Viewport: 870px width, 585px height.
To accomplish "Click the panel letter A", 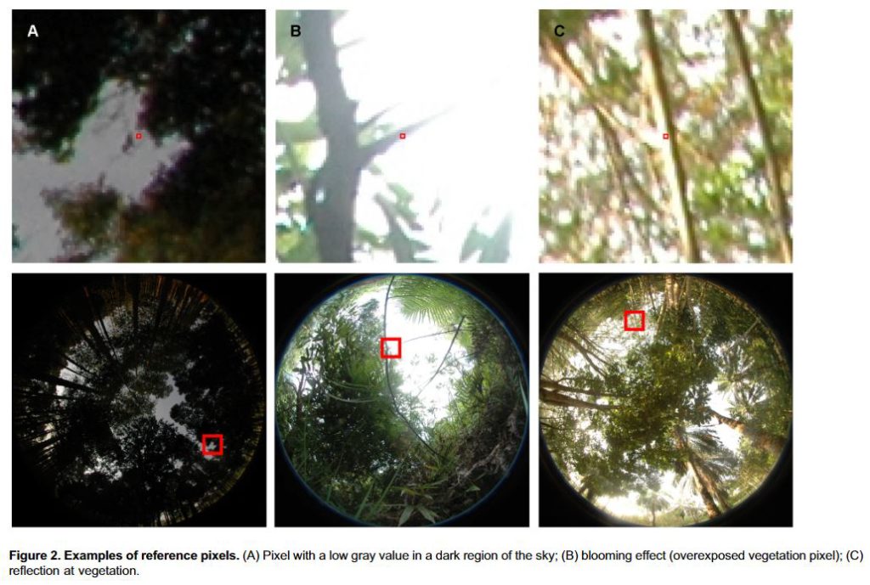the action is point(33,31).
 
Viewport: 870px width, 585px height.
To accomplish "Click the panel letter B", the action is point(296,31).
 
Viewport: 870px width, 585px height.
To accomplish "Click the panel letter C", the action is point(559,31).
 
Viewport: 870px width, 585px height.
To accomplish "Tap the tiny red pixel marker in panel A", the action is point(138,136).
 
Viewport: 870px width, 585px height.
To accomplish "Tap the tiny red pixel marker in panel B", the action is point(402,136).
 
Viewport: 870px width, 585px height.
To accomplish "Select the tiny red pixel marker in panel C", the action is point(666,136).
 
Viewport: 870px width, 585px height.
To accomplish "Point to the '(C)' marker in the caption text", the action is point(854,555).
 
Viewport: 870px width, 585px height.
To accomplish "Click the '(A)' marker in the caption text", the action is point(251,555).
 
